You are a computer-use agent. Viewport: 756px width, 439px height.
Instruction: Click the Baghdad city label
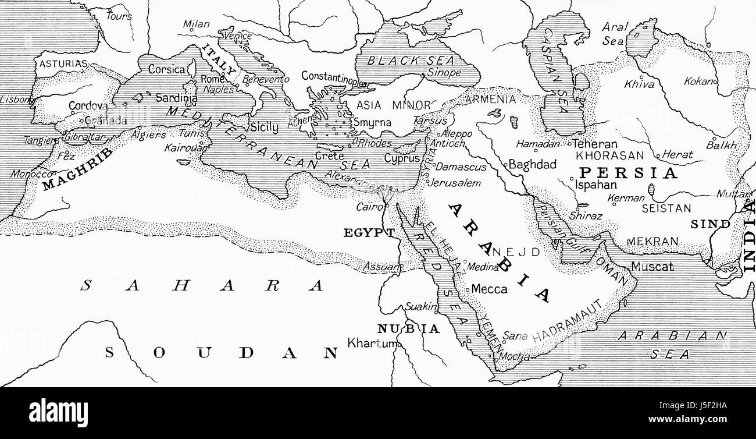click(x=532, y=165)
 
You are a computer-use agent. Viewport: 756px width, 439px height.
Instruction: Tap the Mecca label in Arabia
click(x=489, y=289)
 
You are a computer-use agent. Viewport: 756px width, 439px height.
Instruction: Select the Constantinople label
click(x=333, y=76)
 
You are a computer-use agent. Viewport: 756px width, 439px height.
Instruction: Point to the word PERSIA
click(x=628, y=173)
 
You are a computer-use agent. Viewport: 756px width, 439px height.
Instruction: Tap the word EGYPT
click(x=369, y=233)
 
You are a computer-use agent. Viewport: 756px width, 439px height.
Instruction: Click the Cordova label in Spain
click(x=88, y=106)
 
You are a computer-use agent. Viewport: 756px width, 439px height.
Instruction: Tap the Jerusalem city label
click(x=454, y=183)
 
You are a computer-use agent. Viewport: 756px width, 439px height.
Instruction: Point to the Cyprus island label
click(x=402, y=158)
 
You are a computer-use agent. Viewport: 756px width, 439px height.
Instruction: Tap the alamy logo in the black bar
click(x=58, y=413)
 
